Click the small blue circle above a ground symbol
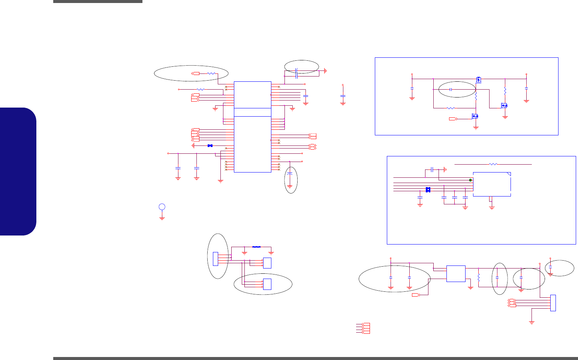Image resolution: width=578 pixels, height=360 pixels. point(162,207)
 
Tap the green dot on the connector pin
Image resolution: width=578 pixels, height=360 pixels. point(470,180)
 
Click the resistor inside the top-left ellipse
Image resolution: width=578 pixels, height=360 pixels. point(211,73)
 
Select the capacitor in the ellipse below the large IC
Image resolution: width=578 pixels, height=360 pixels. point(290,174)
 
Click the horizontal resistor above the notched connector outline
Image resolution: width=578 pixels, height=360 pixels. point(493,164)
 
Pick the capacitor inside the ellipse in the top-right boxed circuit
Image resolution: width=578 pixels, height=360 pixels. point(451,90)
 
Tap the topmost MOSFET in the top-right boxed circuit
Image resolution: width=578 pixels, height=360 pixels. point(478,79)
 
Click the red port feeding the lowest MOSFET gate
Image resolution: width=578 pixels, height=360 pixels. point(453,119)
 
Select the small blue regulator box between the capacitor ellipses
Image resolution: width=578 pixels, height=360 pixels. point(456,274)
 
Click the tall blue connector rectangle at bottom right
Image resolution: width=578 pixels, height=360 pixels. point(553,303)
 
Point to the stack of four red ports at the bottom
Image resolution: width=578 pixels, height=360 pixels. point(363,328)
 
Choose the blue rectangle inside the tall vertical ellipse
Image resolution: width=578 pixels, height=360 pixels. point(215,259)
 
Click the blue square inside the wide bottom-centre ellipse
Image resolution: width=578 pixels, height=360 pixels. point(267,284)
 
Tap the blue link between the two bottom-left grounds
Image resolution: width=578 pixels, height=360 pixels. point(257,247)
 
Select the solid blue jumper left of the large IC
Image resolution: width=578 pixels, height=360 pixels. point(210,145)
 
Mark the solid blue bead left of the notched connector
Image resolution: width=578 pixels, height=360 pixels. point(428,190)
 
